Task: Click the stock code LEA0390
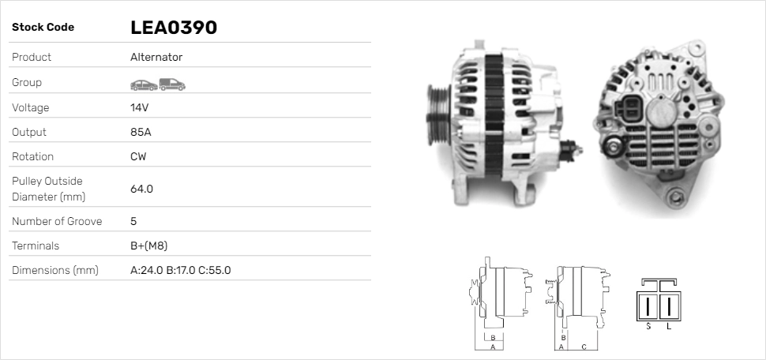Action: point(173,28)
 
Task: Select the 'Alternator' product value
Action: point(156,57)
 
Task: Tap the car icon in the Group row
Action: point(143,84)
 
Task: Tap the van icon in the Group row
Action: point(171,83)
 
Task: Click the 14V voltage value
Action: point(139,107)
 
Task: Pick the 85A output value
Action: point(140,132)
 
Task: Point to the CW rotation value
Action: point(138,156)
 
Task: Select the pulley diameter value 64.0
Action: point(141,189)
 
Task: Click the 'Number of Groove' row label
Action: point(57,221)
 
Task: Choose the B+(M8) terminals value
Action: point(148,246)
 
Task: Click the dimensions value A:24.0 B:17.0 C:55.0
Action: point(180,270)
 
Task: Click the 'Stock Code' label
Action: point(43,28)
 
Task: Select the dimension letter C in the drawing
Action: point(583,346)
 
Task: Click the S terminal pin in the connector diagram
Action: point(648,306)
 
